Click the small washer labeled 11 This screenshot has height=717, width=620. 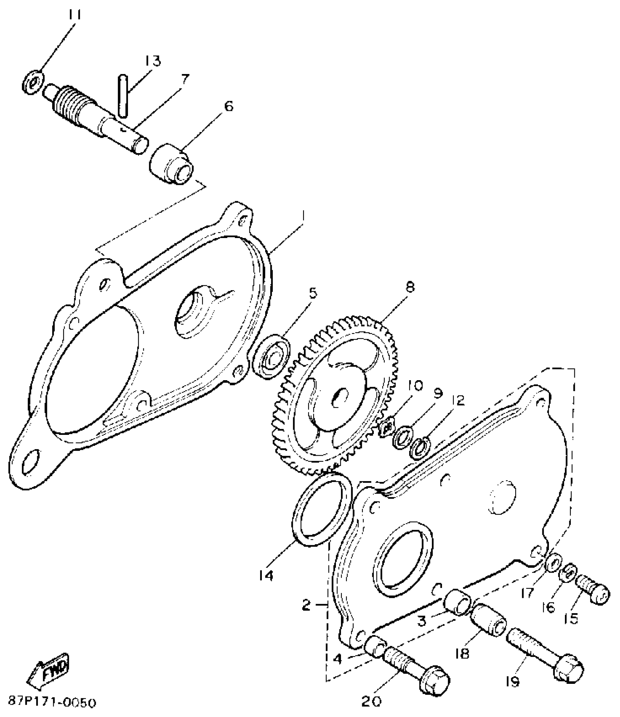(34, 84)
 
